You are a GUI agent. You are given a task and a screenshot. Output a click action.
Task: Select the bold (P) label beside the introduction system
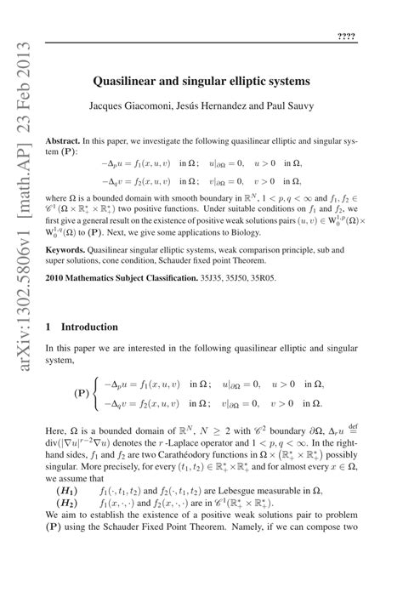coord(82,395)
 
